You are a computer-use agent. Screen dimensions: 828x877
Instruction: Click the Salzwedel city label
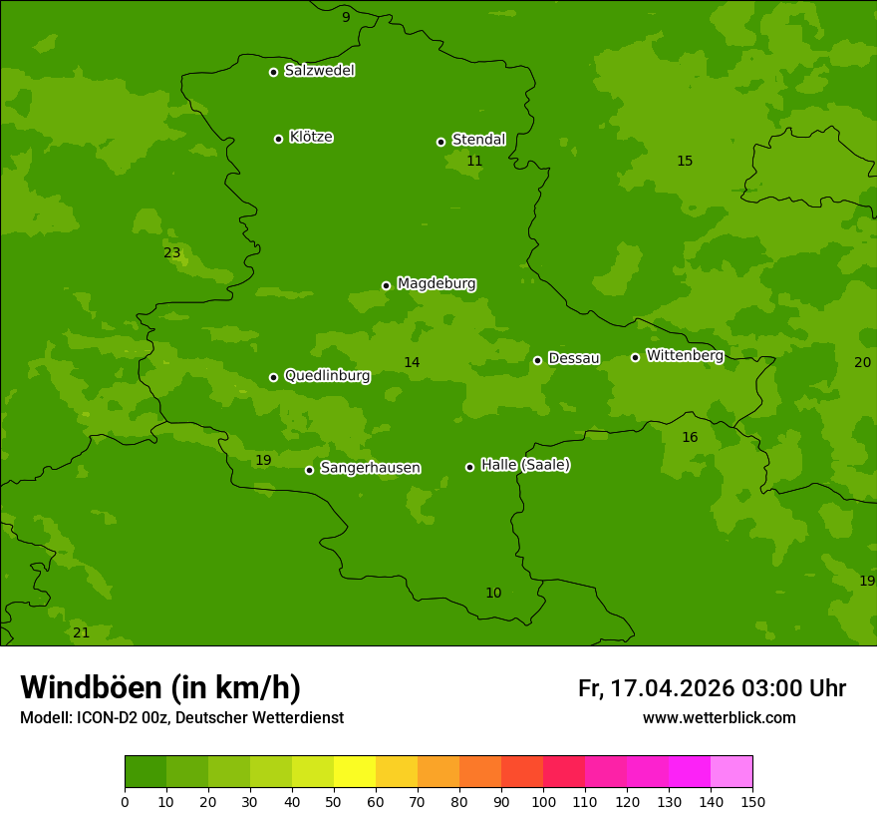pos(319,71)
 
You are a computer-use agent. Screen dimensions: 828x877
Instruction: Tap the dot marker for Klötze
pos(278,139)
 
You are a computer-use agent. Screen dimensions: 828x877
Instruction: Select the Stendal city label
pos(478,140)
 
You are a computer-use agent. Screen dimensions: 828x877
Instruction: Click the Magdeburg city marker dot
pos(386,285)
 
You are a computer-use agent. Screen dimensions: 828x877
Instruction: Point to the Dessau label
pos(574,358)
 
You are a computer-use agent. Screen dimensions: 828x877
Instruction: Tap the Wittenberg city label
pos(685,355)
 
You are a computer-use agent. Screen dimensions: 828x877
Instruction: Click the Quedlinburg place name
pos(327,376)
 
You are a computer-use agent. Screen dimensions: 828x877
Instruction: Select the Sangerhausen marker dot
pos(309,470)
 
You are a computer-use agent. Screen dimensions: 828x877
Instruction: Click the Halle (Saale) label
pos(525,465)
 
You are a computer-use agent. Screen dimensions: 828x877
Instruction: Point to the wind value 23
pos(172,253)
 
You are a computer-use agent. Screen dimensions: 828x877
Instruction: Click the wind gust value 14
pos(412,363)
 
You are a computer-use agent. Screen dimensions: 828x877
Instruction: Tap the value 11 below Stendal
pos(474,162)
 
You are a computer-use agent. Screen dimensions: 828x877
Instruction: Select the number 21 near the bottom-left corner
pos(81,633)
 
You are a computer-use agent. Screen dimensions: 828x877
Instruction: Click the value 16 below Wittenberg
pos(690,438)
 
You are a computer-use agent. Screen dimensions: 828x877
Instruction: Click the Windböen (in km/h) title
pos(160,687)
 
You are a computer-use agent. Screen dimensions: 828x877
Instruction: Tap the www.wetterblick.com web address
pos(719,718)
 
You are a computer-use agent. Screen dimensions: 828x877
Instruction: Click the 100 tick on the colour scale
pos(543,800)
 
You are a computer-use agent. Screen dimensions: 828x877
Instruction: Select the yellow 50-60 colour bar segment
pos(355,771)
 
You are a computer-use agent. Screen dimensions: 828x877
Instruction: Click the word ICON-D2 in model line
pos(106,718)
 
